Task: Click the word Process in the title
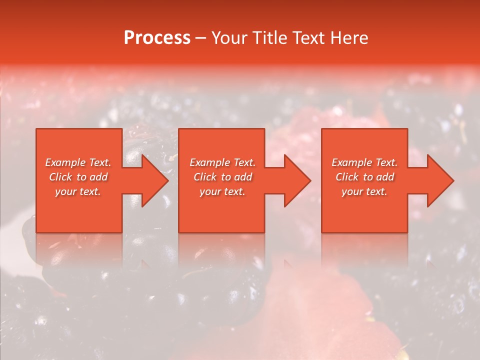pos(157,38)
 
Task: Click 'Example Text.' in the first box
pos(78,162)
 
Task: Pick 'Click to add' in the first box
pos(78,177)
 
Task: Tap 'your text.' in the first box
pos(78,191)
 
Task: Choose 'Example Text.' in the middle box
pos(222,162)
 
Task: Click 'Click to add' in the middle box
pos(222,177)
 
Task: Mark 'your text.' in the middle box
pos(222,191)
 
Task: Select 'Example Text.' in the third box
pos(364,162)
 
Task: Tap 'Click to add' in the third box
pos(364,177)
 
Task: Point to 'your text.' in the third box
pos(364,191)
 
